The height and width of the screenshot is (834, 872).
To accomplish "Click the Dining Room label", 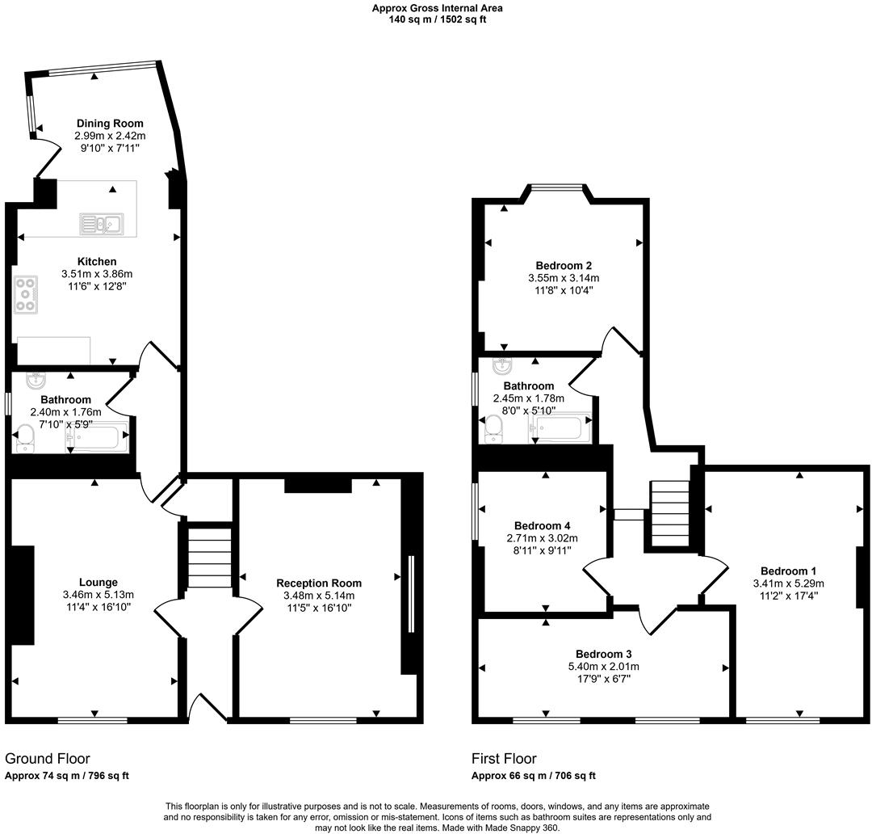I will coord(110,124).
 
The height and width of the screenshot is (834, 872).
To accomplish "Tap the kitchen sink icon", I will coord(100,224).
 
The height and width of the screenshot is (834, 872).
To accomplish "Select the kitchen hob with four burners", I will coord(25,294).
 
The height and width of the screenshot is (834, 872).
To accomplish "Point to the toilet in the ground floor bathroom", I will coord(24,437).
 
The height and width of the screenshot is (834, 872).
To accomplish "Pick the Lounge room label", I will coord(99,582).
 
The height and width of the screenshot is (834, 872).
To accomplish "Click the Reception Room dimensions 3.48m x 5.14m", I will coord(319,596).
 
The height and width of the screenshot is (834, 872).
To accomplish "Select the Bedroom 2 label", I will coord(564,265).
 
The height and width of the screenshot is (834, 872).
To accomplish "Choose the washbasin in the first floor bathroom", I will coord(501,365).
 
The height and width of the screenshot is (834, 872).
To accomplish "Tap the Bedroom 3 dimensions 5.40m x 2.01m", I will coord(603,667).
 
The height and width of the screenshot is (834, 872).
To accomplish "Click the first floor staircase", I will coord(670,513).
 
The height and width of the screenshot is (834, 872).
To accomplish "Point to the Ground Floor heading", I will coord(48,759).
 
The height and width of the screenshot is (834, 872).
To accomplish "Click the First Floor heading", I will coord(504,759).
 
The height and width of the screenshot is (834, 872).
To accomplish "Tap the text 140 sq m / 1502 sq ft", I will coord(437,19).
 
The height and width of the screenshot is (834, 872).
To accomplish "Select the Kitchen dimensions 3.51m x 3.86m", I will coord(97,274).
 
